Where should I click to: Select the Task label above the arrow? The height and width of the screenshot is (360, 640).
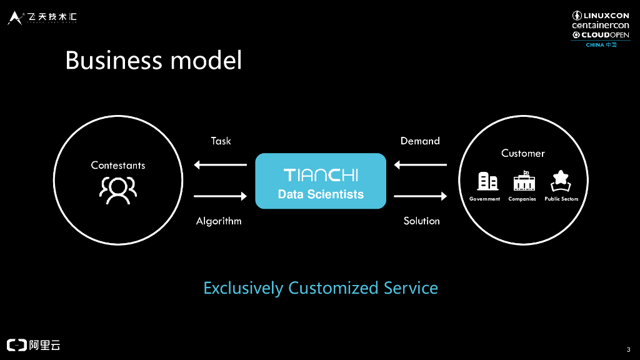pyautogui.click(x=221, y=141)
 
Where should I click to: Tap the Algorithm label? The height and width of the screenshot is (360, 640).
pyautogui.click(x=219, y=221)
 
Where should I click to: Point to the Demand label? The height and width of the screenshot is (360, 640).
pyautogui.click(x=420, y=141)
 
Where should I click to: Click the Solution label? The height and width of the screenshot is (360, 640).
pyautogui.click(x=422, y=221)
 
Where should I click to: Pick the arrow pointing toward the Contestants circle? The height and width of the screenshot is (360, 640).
pyautogui.click(x=221, y=165)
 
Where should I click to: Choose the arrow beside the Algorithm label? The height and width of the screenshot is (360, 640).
pyautogui.click(x=221, y=196)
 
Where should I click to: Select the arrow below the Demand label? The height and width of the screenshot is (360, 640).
pyautogui.click(x=421, y=165)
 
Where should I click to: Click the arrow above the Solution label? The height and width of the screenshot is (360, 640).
pyautogui.click(x=421, y=196)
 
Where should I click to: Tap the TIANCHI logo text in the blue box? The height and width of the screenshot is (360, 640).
pyautogui.click(x=321, y=174)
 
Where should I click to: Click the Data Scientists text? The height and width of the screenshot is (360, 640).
pyautogui.click(x=321, y=194)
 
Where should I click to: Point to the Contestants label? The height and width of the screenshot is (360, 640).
pyautogui.click(x=118, y=165)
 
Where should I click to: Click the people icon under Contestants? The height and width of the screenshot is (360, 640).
pyautogui.click(x=118, y=190)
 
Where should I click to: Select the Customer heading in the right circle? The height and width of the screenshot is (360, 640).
pyautogui.click(x=523, y=153)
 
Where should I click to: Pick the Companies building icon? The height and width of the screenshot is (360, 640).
pyautogui.click(x=522, y=181)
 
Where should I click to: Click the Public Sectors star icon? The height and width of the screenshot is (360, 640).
pyautogui.click(x=561, y=181)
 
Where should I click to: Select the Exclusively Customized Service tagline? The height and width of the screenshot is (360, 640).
pyautogui.click(x=321, y=288)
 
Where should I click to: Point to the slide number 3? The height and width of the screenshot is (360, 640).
pyautogui.click(x=627, y=349)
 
